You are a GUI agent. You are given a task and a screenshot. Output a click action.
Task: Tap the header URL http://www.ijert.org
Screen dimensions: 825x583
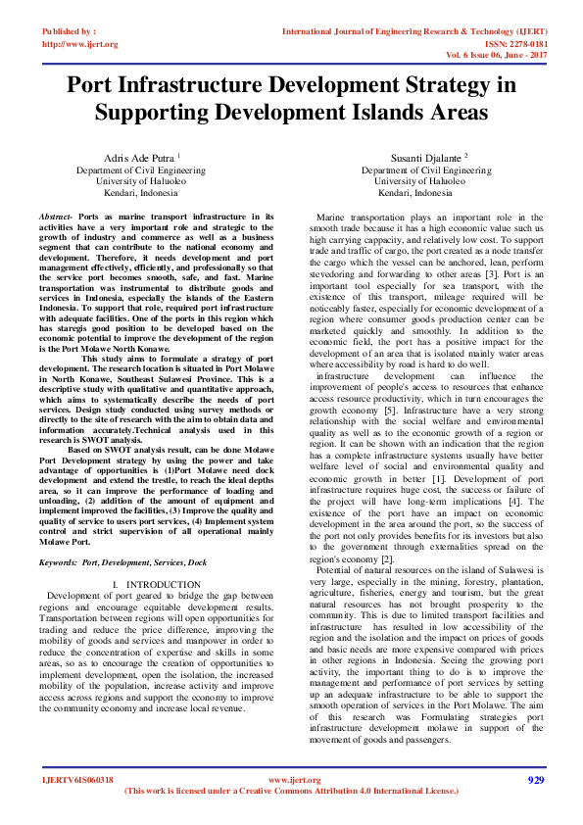coord(80,44)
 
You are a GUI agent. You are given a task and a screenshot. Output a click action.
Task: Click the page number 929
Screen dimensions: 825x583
coord(535,780)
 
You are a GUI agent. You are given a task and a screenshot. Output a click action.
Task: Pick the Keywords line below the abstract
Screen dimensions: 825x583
coord(122,563)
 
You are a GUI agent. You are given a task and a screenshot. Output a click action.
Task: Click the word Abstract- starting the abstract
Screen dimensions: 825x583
coord(56,215)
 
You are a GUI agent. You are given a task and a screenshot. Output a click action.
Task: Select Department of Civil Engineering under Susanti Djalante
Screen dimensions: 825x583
coord(424,170)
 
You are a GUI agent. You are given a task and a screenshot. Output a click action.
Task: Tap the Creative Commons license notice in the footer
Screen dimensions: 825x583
coord(291,790)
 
